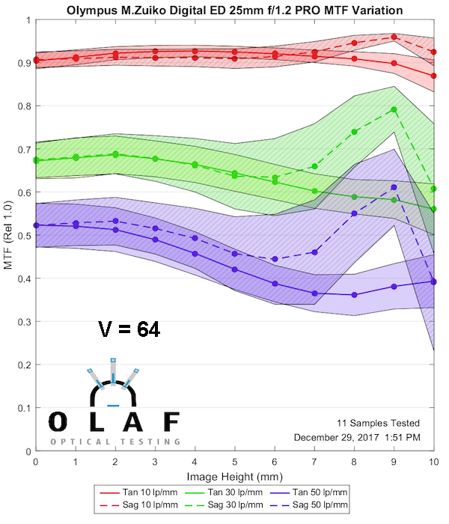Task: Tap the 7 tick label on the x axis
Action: [314, 464]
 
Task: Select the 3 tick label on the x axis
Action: [155, 464]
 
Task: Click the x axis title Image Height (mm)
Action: [235, 477]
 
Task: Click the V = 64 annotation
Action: [129, 329]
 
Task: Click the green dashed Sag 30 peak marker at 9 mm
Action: [394, 109]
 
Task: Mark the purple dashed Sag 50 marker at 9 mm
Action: [394, 187]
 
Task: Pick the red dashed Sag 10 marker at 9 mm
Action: [394, 37]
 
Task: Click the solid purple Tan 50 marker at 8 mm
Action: [355, 295]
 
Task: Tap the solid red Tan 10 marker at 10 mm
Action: [434, 76]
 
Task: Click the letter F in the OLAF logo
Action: [171, 422]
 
